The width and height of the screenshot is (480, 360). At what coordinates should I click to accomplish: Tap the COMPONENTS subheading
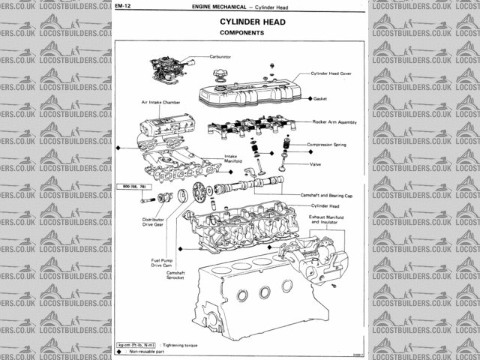pyautogui.click(x=241, y=34)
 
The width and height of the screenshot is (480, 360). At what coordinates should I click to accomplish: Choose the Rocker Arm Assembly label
pyautogui.click(x=334, y=121)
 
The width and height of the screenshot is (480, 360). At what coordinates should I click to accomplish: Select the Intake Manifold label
pyautogui.click(x=231, y=159)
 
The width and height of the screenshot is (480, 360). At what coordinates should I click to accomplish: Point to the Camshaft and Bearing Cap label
pyautogui.click(x=326, y=194)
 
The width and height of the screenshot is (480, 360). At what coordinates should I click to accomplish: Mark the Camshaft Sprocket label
pyautogui.click(x=175, y=275)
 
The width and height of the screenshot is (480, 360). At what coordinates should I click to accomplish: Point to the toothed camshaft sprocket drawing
pyautogui.click(x=199, y=192)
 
